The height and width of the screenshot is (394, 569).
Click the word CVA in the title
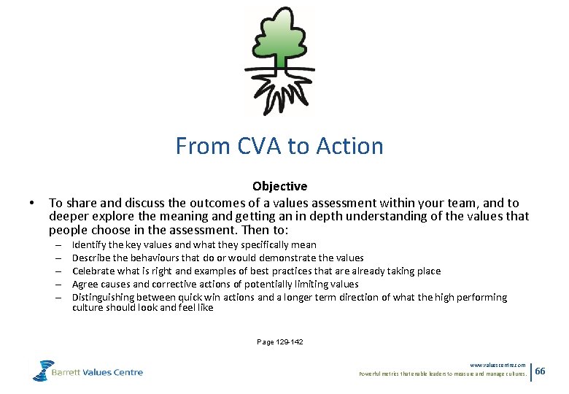click(x=259, y=146)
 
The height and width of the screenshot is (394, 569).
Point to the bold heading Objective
click(x=279, y=187)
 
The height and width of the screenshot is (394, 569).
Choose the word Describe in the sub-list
click(x=93, y=258)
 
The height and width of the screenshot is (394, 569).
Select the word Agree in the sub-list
click(x=85, y=285)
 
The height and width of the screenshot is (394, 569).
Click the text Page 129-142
click(x=280, y=341)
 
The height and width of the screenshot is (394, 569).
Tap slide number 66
click(x=540, y=371)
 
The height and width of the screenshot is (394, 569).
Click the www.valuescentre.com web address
click(x=498, y=365)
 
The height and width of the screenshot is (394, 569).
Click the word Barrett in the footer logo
click(x=68, y=372)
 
